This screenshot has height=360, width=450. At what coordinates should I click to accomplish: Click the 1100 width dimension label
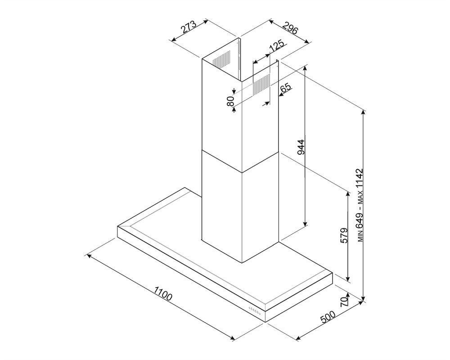click(163, 293)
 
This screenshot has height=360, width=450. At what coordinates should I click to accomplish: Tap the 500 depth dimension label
click(328, 317)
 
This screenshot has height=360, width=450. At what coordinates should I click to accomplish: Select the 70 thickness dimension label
click(344, 301)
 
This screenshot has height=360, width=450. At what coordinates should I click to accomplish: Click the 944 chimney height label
click(300, 147)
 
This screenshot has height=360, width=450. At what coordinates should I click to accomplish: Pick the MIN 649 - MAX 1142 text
click(360, 206)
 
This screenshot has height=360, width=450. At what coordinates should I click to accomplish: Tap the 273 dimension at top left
click(188, 27)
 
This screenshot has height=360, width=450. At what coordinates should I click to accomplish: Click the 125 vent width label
click(277, 46)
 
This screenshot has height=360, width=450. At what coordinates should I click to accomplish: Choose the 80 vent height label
click(230, 101)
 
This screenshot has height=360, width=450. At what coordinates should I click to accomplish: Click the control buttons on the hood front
click(255, 310)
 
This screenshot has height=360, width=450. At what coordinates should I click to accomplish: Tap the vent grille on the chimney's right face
click(261, 85)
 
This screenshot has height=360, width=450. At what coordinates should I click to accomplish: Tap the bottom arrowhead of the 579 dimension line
click(348, 278)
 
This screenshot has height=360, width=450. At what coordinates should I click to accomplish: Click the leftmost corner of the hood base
click(117, 226)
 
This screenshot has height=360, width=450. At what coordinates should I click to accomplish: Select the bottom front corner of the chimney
click(242, 262)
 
